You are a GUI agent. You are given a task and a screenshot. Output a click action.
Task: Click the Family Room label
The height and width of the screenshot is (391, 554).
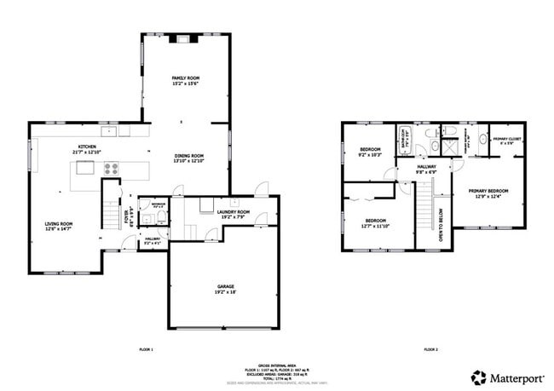[x=185, y=80]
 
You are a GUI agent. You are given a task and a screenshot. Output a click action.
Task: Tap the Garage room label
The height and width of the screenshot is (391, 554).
[x=225, y=289]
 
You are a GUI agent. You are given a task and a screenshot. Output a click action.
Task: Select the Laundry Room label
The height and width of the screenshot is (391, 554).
[x=233, y=214]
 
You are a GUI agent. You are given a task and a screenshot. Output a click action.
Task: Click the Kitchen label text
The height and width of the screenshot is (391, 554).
[x=87, y=149]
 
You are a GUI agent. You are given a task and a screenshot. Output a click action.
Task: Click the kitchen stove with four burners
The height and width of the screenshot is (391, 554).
[x=111, y=168]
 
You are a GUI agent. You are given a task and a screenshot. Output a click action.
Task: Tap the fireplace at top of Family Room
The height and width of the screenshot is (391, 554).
[x=185, y=38]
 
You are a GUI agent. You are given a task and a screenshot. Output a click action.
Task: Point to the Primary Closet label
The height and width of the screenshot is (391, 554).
[x=507, y=140]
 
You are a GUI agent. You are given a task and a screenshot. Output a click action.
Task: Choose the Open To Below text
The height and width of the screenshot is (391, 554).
[x=441, y=225]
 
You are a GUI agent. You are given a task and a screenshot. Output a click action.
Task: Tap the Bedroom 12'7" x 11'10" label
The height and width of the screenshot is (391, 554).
[x=375, y=223]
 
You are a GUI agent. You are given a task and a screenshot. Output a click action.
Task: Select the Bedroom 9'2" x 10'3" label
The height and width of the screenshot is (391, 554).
[x=369, y=151]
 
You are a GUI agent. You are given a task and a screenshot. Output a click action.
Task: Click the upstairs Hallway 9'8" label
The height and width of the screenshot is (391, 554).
[x=426, y=169]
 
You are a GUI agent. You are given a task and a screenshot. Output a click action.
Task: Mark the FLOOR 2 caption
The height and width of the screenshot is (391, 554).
[x=430, y=349]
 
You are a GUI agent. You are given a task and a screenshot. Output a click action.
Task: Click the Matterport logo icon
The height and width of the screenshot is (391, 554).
[x=479, y=376]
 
